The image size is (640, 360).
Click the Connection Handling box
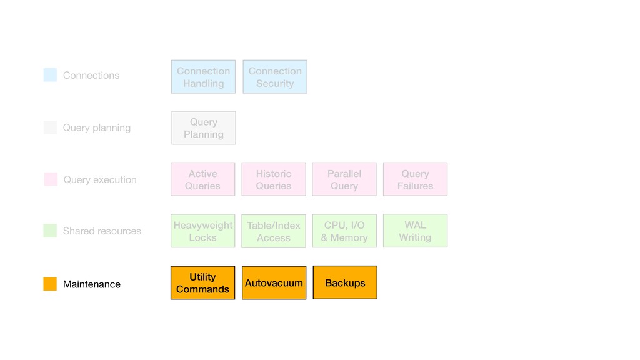coord(203,77)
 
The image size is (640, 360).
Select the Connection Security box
coord(275,77)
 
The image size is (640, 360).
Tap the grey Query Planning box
coord(204,127)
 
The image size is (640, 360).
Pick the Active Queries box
coord(203,179)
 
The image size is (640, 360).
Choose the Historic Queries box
coord(274,179)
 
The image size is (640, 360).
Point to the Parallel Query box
coord(344,179)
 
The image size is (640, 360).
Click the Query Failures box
coord(415,179)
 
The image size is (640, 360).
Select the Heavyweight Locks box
coord(203,231)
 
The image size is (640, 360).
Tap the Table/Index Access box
coord(274,231)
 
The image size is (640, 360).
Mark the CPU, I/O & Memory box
coord(344,231)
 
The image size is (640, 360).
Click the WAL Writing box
coord(415,231)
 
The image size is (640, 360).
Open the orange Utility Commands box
coord(203,283)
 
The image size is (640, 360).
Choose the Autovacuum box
coord(274,283)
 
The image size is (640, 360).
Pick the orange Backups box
coord(345,282)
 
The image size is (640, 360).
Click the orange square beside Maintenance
coord(50,284)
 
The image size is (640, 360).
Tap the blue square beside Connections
coord(50,75)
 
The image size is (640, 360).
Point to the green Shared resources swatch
coord(50,231)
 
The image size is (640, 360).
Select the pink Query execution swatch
coord(51,179)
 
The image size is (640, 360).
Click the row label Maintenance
coord(92,284)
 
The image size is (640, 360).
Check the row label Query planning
coord(97,127)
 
